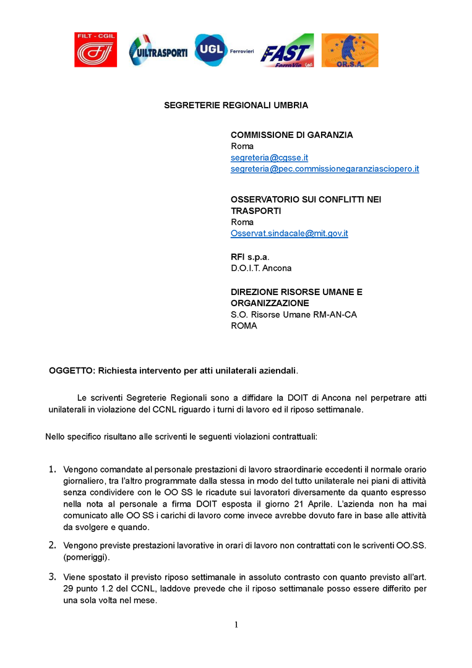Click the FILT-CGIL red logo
[x=96, y=50]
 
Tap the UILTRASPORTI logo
[x=158, y=51]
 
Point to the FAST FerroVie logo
[x=287, y=51]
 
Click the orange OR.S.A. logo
[x=350, y=50]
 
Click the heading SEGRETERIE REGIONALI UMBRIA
[x=236, y=105]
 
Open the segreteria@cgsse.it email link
[x=269, y=158]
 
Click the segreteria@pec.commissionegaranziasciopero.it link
[x=325, y=169]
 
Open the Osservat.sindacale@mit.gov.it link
[x=289, y=233]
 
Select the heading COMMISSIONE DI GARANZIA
[x=292, y=135]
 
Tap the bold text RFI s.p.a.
[x=250, y=257]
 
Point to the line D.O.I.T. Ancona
[x=260, y=268]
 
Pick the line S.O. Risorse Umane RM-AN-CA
[x=293, y=315]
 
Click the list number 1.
[x=53, y=469]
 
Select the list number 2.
[x=53, y=545]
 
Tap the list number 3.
[x=53, y=577]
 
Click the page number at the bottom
[x=236, y=625]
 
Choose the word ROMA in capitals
[x=244, y=326]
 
